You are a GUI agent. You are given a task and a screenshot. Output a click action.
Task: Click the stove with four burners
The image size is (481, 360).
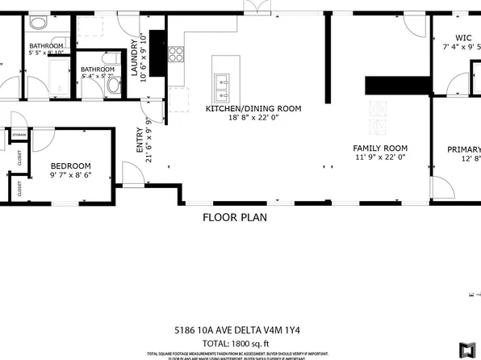coord(177,56)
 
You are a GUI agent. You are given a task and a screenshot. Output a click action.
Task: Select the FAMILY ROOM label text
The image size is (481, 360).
coord(379,149)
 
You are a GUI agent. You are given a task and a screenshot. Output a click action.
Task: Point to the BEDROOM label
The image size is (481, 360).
coord(71,165)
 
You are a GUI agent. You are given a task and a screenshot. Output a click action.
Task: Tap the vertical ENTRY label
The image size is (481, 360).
coord(139,140)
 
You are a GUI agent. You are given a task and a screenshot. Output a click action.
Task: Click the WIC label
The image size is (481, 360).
coord(463,37)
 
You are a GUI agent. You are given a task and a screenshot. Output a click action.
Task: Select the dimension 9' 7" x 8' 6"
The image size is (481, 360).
coord(71,175)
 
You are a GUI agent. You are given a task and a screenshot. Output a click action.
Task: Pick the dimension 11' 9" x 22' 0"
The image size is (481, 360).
coord(379,158)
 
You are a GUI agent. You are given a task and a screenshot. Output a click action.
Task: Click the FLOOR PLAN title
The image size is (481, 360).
coord(235,217)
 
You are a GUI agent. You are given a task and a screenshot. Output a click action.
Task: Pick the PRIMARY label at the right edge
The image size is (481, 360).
coord(464,149)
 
